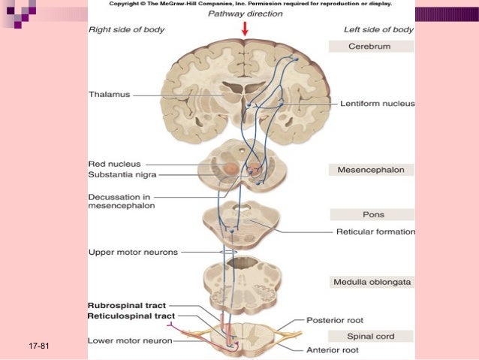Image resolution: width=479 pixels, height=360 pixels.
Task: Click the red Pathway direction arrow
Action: (x=245, y=29)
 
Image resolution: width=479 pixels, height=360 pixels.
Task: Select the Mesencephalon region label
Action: (x=371, y=170)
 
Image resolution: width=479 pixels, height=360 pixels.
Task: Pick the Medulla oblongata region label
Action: (x=371, y=283)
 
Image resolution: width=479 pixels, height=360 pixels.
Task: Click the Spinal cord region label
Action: (x=371, y=336)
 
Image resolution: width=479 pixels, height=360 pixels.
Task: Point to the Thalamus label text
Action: (x=110, y=95)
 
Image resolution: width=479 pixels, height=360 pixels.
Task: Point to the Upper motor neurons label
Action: (x=133, y=252)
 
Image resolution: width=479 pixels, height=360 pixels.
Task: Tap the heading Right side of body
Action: (x=127, y=29)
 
